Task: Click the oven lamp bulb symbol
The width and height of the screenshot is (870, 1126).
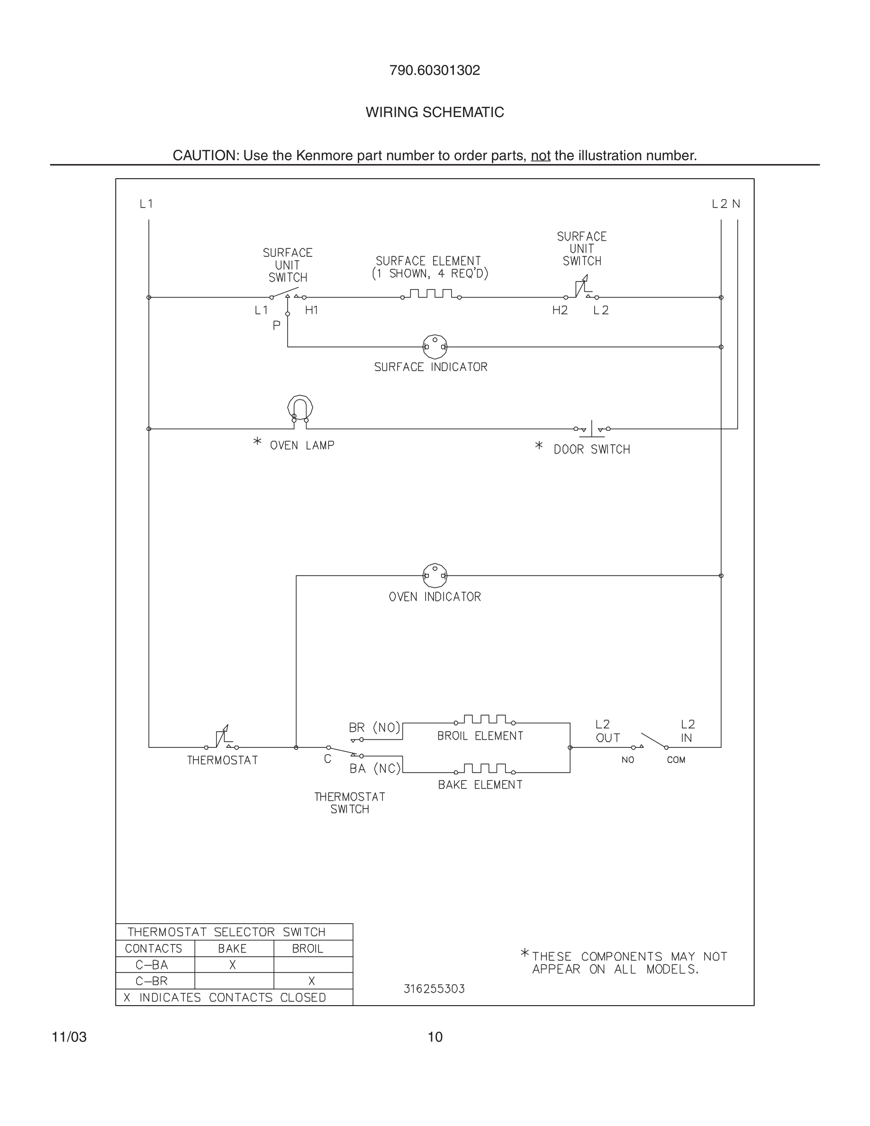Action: click(x=300, y=409)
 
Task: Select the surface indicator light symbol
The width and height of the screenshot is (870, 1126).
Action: click(x=435, y=346)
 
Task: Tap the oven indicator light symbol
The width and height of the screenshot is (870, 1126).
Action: click(x=435, y=575)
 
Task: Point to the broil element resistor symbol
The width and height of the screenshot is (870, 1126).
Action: click(x=484, y=720)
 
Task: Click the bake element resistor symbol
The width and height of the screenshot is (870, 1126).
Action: click(x=484, y=769)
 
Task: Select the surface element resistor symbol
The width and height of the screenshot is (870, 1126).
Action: click(x=431, y=294)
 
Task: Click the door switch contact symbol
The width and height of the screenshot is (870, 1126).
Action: click(x=592, y=428)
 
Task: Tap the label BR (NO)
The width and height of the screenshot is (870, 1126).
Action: click(x=374, y=727)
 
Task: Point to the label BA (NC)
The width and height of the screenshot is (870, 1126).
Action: click(x=375, y=769)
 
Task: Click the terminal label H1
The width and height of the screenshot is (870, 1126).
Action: click(x=311, y=310)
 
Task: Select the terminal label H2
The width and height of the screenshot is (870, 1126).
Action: click(x=560, y=310)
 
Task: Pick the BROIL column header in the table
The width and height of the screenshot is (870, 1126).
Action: click(x=307, y=949)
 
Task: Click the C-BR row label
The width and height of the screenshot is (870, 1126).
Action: click(x=152, y=981)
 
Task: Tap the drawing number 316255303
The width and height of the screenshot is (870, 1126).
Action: click(x=434, y=989)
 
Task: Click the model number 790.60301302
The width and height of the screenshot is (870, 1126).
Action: click(x=435, y=71)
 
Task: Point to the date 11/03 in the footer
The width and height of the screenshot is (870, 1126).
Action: click(x=69, y=1037)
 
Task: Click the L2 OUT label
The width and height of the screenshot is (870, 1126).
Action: click(x=607, y=731)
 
